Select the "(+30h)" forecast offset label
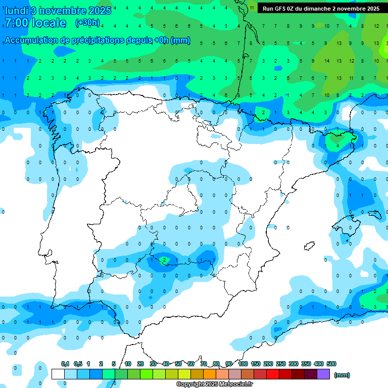click(x=87, y=23)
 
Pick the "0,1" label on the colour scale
click(x=65, y=364)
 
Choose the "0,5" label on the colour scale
click(x=78, y=364)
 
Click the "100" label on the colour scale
click(x=243, y=364)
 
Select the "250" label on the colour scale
click(x=281, y=364)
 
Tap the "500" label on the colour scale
click(x=331, y=364)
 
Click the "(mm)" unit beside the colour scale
click(x=342, y=375)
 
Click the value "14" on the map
click(x=327, y=61)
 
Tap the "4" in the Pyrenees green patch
click(x=337, y=145)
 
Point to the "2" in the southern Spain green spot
click(x=164, y=261)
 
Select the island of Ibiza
click(x=309, y=246)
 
